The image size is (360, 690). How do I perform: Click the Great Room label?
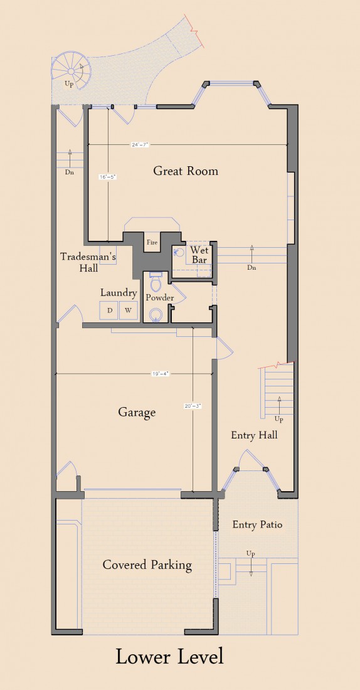pyautogui.click(x=185, y=171)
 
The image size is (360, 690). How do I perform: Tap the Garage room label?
pyautogui.click(x=137, y=413)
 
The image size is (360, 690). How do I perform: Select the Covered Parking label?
pyautogui.click(x=147, y=565)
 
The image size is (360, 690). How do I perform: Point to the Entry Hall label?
pyautogui.click(x=255, y=435)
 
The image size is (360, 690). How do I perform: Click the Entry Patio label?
pyautogui.click(x=257, y=525)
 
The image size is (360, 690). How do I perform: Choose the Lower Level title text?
pyautogui.click(x=169, y=657)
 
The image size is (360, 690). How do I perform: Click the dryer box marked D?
pyautogui.click(x=110, y=310)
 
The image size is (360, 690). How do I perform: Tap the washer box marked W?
pyautogui.click(x=128, y=310)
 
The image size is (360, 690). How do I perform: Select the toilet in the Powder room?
pyautogui.click(x=155, y=282)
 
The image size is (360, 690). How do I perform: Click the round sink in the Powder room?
pyautogui.click(x=155, y=315)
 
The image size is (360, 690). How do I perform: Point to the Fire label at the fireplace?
pyautogui.click(x=152, y=242)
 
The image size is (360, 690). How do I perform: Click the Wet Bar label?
pyautogui.click(x=199, y=255)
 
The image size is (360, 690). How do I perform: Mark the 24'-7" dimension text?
pyautogui.click(x=140, y=144)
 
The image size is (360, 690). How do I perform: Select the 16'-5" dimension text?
pyautogui.click(x=108, y=177)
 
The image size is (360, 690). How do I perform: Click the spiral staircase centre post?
pyautogui.click(x=71, y=72)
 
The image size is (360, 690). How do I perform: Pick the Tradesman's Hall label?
pyautogui.click(x=88, y=262)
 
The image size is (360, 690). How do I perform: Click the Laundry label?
pyautogui.click(x=119, y=293)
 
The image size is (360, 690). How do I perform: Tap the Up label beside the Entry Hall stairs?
pyautogui.click(x=278, y=419)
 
